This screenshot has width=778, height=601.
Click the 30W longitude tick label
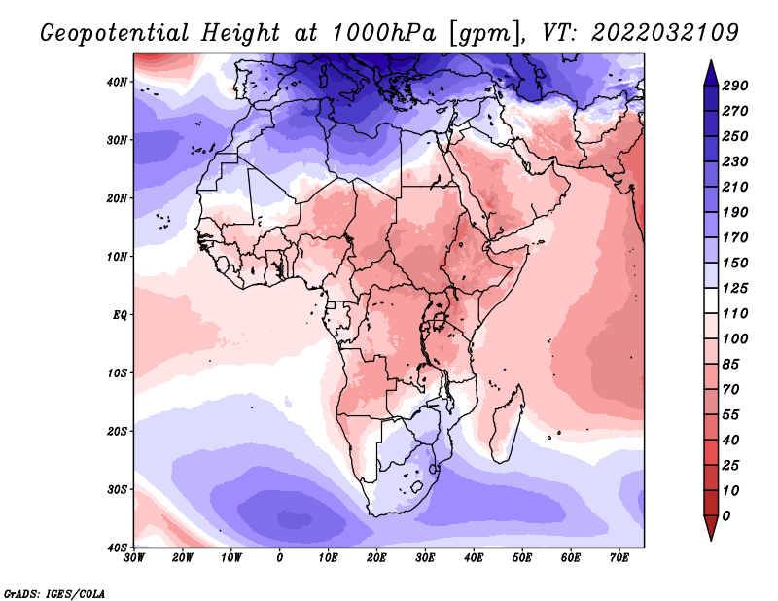(134, 558)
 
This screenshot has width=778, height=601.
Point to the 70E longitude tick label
(619, 558)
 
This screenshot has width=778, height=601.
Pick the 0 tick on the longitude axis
(280, 558)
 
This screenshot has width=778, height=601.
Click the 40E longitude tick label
(474, 558)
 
